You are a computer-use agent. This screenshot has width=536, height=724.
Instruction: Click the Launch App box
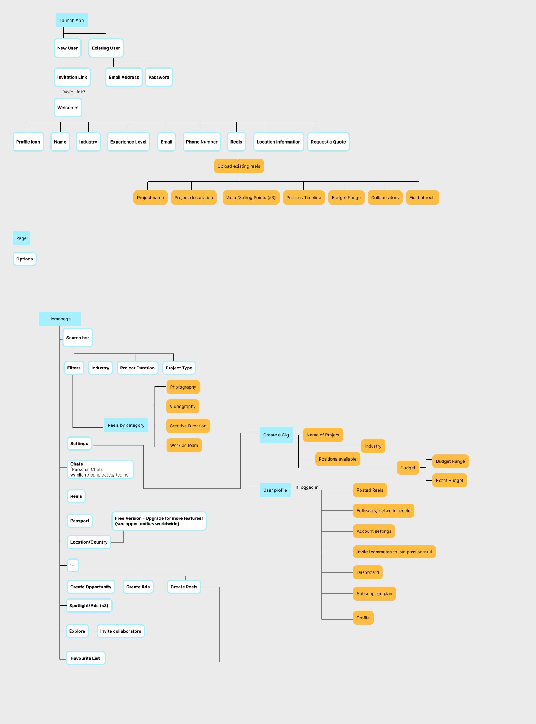click(71, 21)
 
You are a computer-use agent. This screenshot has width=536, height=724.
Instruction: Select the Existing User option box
click(106, 48)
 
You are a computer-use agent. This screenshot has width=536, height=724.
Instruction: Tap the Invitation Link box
click(72, 77)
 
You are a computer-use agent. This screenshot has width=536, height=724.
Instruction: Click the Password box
click(159, 77)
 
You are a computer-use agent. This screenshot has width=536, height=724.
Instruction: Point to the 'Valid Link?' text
click(74, 92)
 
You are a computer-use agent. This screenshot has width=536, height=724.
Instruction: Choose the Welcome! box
click(68, 107)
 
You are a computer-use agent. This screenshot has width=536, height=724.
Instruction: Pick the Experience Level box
click(128, 142)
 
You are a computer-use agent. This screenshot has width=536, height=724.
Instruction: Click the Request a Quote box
click(328, 142)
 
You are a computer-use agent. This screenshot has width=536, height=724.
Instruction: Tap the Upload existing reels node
click(239, 166)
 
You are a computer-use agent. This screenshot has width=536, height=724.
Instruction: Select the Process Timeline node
click(303, 198)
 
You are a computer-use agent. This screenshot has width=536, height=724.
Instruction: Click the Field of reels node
click(422, 198)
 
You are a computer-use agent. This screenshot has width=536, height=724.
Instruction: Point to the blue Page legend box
click(21, 238)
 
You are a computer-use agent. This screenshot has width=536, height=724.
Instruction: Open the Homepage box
click(60, 319)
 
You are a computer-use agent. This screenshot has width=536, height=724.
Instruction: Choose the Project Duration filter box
click(137, 368)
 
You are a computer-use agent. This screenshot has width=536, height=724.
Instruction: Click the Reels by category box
click(126, 425)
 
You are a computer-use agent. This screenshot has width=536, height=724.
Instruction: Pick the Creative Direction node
click(188, 426)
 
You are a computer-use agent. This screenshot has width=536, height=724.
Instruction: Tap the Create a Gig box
click(276, 435)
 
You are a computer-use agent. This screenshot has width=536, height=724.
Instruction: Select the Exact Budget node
click(449, 481)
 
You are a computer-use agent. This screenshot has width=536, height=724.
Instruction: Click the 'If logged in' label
click(307, 487)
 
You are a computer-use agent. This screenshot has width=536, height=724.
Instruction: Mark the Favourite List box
click(85, 658)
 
